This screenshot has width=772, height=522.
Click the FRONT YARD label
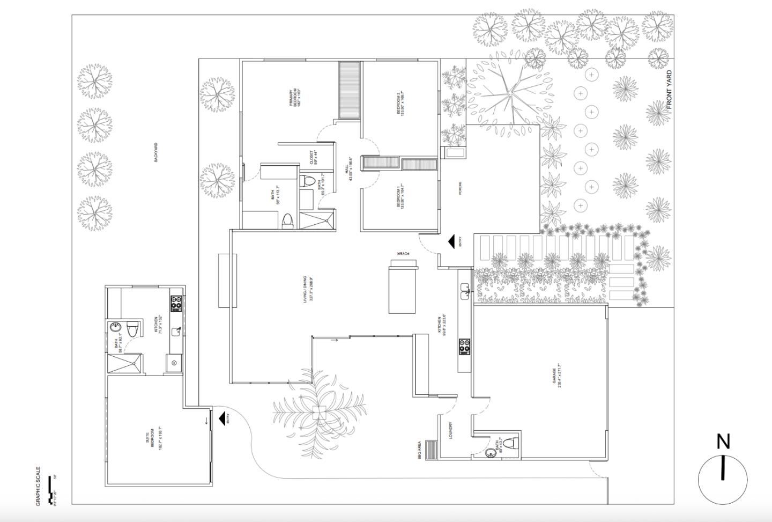(x=669, y=91)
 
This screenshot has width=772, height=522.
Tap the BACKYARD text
(x=156, y=152)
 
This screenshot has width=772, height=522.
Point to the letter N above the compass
(x=723, y=442)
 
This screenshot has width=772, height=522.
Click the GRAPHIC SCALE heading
(x=38, y=485)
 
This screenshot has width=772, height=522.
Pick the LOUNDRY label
(x=451, y=430)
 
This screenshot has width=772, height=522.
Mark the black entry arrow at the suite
(x=221, y=417)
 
